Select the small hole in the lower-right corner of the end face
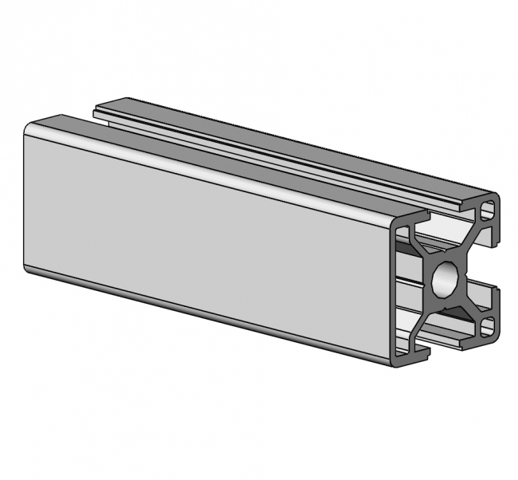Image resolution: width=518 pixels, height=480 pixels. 487,325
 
